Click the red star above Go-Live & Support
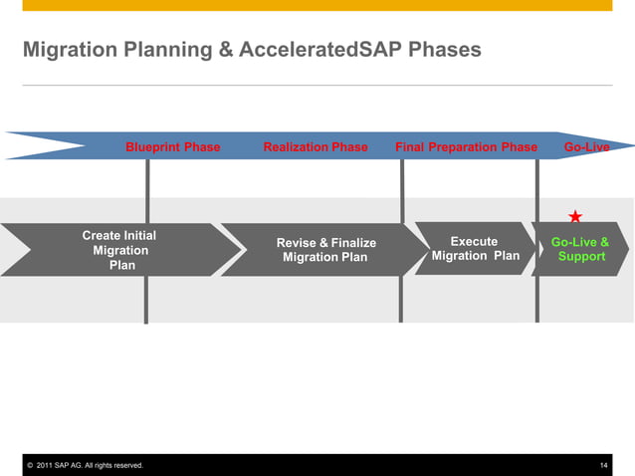click(x=575, y=216)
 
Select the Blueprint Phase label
click(x=172, y=147)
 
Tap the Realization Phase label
click(x=316, y=147)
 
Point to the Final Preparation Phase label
click(x=466, y=147)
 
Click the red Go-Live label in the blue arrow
click(x=586, y=147)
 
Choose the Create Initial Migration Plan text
click(x=119, y=250)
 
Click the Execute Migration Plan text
click(x=475, y=249)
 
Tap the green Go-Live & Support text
click(x=581, y=249)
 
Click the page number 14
click(x=604, y=466)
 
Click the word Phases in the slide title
click(x=445, y=49)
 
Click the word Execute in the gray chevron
click(x=474, y=242)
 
